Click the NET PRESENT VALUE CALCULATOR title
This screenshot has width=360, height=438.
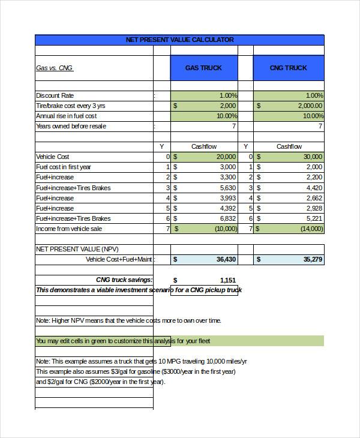pyautogui.click(x=179, y=40)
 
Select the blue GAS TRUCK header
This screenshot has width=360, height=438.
pyautogui.click(x=203, y=68)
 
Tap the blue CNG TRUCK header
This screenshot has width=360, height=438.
pyautogui.click(x=288, y=68)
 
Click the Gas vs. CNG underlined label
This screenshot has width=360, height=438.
pyautogui.click(x=55, y=68)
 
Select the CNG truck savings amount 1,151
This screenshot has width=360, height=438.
pyautogui.click(x=228, y=280)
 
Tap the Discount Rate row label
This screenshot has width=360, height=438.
pyautogui.click(x=55, y=95)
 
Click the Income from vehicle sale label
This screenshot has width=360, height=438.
pyautogui.click(x=70, y=229)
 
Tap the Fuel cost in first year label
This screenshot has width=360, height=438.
pyautogui.click(x=64, y=167)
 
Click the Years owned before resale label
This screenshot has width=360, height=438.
pyautogui.click(x=71, y=126)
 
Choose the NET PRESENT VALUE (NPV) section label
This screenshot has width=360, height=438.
pyautogui.click(x=77, y=248)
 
